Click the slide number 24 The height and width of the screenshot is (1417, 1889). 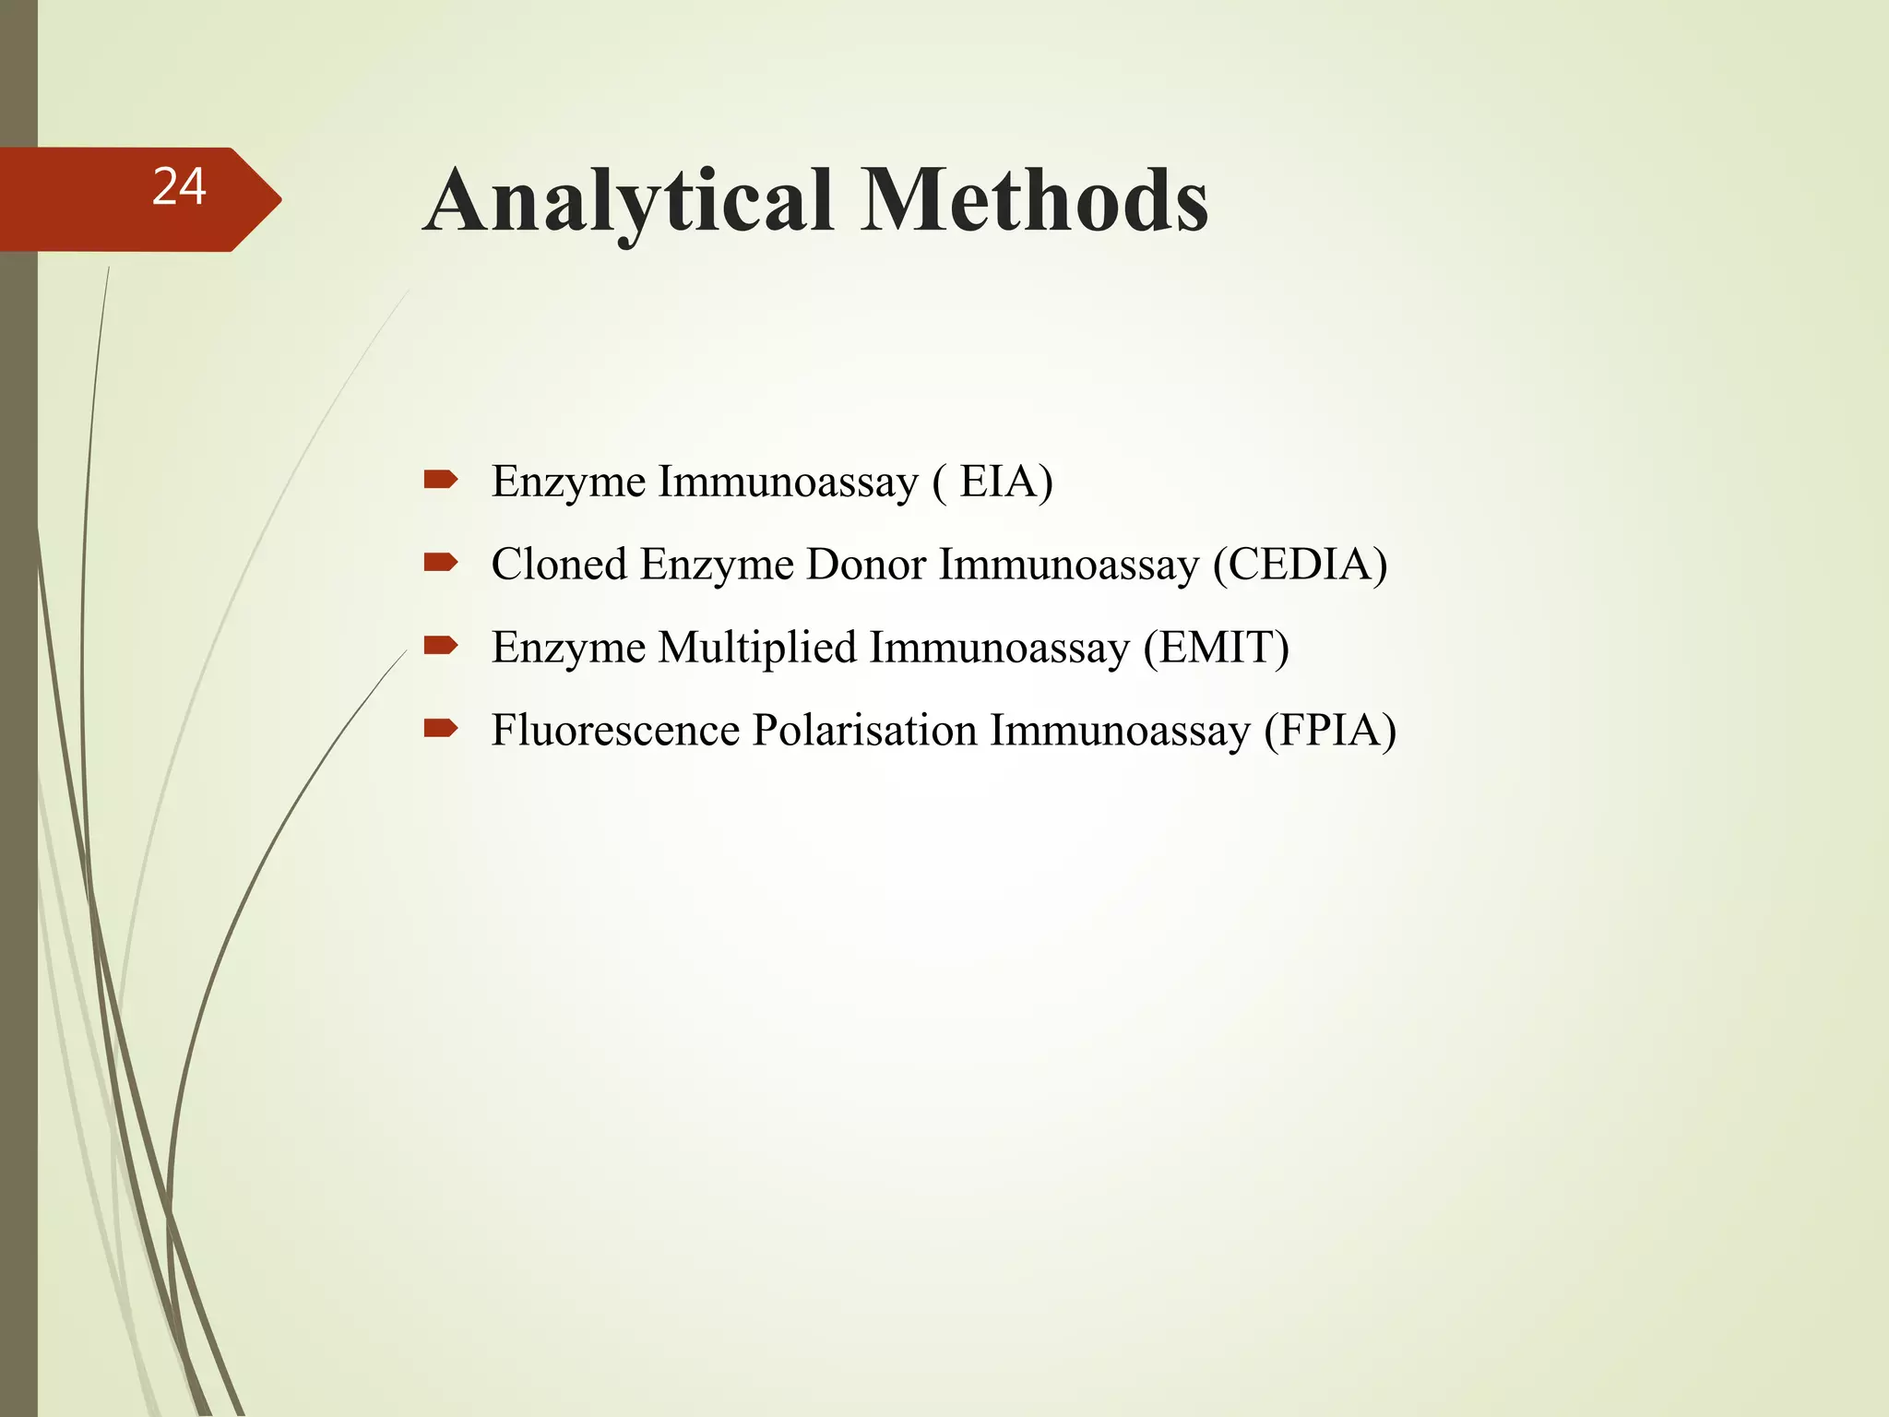click(179, 187)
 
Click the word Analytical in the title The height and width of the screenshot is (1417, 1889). click(629, 201)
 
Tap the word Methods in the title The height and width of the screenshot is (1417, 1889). click(1034, 201)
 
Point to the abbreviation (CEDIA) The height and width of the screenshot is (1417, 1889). click(1300, 565)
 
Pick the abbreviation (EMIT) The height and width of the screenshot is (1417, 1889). click(1217, 648)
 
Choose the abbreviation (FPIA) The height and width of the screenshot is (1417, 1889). click(1330, 731)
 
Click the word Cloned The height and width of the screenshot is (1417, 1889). click(559, 565)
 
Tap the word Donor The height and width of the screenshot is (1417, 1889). click(865, 565)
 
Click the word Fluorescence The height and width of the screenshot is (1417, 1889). click(615, 731)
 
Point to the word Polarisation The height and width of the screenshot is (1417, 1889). click(865, 731)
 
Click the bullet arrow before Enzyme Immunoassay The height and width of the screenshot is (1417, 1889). click(440, 479)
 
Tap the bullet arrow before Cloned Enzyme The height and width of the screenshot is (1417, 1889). click(440, 562)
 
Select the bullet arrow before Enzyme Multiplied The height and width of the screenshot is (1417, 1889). click(440, 645)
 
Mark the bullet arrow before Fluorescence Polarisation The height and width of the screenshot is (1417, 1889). click(440, 728)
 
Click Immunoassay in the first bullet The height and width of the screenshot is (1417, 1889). click(788, 482)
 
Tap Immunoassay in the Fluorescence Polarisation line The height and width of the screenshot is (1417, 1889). click(1120, 731)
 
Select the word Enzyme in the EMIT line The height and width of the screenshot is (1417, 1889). click(568, 648)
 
